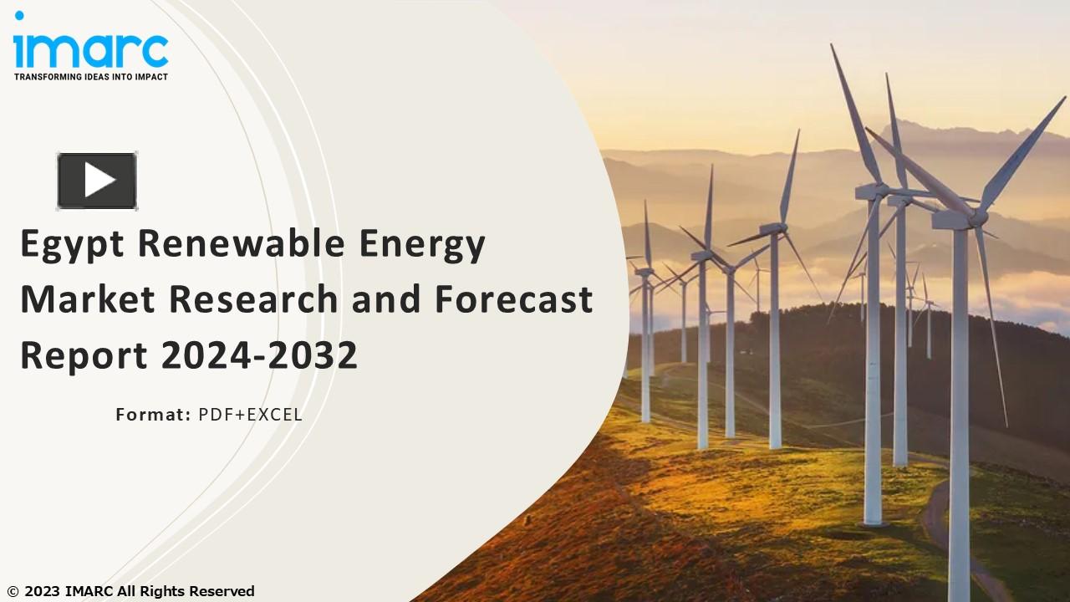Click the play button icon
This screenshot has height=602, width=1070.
(97, 180)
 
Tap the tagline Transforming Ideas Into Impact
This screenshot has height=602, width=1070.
(90, 77)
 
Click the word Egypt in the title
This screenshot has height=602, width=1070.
(73, 245)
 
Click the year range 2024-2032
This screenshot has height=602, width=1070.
(259, 355)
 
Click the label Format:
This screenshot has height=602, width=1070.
(153, 414)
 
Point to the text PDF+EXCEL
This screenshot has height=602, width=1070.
(250, 414)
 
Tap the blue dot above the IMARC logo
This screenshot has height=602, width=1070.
(18, 15)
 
